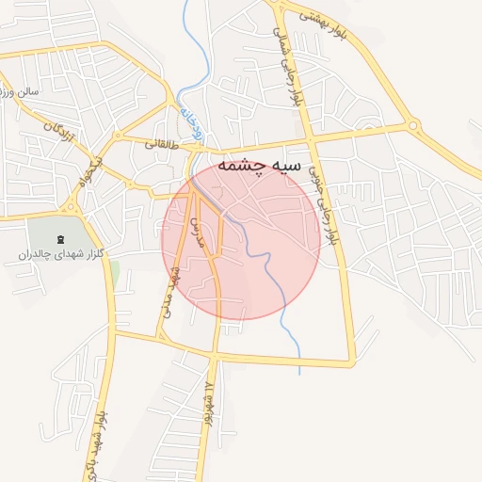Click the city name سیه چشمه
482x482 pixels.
(x=259, y=166)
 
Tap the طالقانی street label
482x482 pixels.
(x=161, y=145)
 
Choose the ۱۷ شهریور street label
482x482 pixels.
(x=208, y=401)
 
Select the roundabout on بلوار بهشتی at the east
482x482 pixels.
(x=412, y=125)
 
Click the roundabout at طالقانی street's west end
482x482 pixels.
(x=117, y=136)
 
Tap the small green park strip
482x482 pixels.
(x=115, y=274)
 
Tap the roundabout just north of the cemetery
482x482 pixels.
(x=72, y=207)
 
